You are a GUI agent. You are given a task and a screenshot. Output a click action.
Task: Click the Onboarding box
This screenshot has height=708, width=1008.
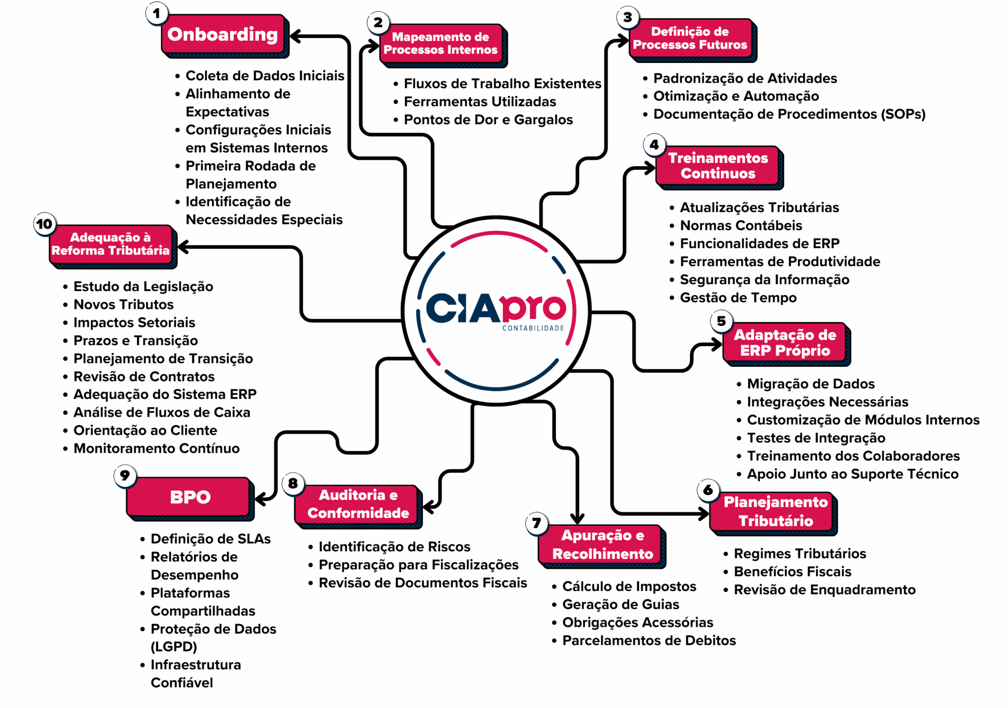point(224,34)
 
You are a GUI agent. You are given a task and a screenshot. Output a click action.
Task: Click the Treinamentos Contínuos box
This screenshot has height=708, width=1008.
point(718,166)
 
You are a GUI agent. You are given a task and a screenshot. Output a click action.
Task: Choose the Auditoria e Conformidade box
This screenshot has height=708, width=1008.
point(357,504)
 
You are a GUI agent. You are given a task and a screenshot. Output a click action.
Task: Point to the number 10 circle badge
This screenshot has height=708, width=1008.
point(44,224)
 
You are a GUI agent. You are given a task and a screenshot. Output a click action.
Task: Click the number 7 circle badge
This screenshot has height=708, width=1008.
point(536,523)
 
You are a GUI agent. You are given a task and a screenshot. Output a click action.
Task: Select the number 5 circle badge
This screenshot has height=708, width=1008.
point(721,321)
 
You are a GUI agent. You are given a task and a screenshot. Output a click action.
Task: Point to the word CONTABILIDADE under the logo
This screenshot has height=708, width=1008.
point(533,328)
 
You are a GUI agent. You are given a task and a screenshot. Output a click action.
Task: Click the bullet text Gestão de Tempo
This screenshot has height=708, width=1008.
point(738,297)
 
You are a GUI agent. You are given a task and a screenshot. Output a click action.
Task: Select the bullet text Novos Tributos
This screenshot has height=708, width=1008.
point(124,304)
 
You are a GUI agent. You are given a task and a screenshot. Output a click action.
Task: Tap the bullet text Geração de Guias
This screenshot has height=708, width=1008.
point(621,604)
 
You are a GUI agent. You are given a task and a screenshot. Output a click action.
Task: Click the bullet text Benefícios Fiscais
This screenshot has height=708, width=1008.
point(793,571)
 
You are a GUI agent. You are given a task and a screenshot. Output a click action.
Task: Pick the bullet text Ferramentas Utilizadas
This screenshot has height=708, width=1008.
point(480,101)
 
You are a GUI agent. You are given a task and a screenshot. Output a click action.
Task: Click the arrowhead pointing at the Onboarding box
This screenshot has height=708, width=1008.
point(296,36)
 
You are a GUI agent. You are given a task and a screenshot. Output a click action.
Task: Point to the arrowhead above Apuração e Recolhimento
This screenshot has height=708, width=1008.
point(577,518)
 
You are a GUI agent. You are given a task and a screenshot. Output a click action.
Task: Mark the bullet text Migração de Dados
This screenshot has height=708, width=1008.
point(811,383)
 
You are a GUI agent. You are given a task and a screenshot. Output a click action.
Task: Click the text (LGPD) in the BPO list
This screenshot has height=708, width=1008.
point(174,647)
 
